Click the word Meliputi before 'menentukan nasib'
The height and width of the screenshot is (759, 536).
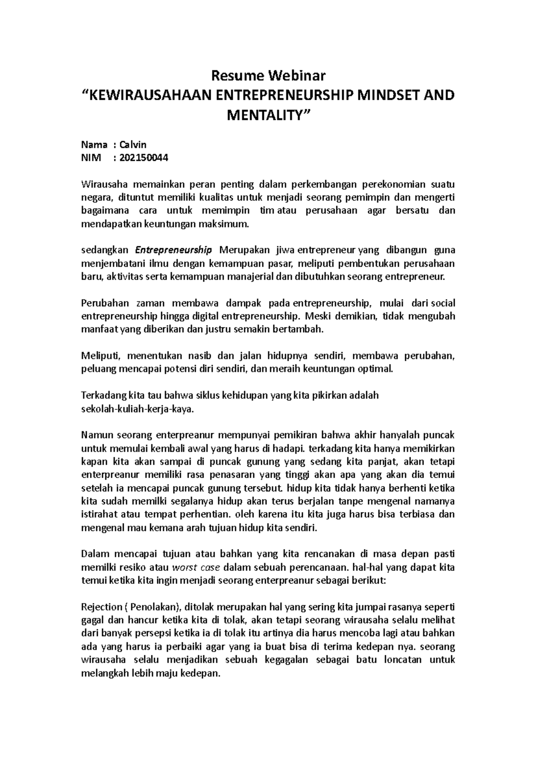click(x=101, y=356)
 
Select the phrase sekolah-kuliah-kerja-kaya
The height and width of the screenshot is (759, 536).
click(x=138, y=409)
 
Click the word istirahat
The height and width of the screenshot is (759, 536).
click(x=100, y=514)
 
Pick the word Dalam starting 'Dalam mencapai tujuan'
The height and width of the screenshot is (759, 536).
click(x=95, y=554)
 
